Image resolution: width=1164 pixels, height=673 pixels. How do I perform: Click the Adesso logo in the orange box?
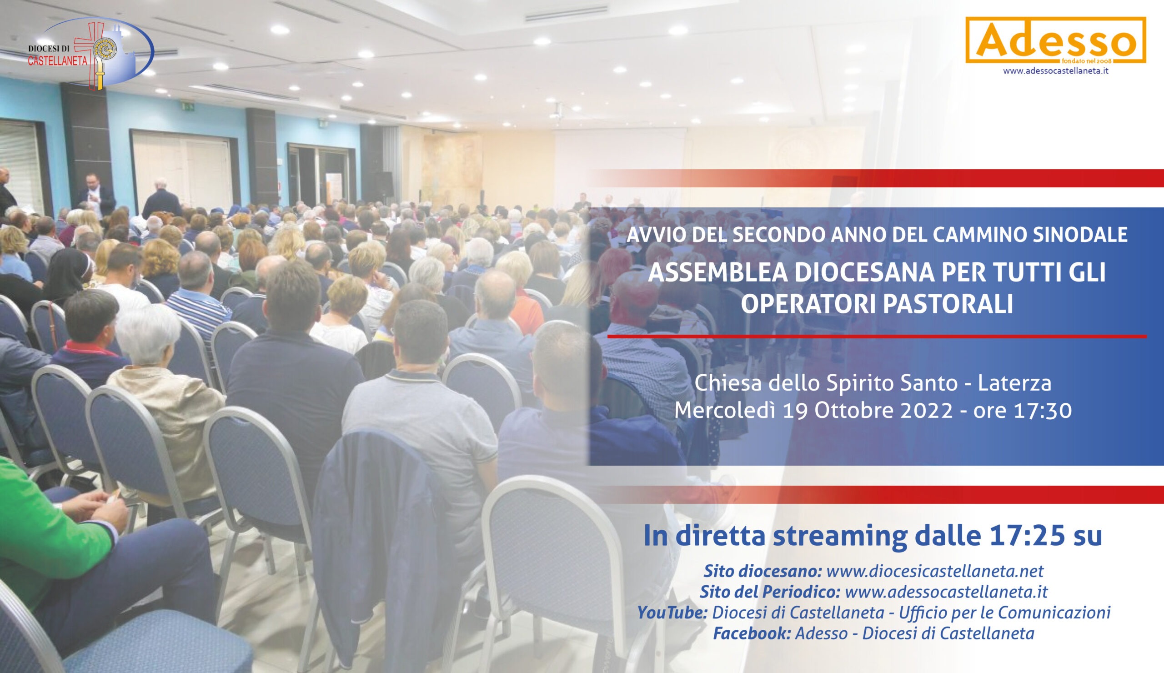(x=1056, y=40)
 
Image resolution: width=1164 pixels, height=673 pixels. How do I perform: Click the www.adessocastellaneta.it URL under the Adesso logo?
(x=1056, y=70)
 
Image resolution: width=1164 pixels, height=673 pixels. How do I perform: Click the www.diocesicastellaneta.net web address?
(x=934, y=572)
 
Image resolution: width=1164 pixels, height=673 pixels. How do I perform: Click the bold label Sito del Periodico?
(x=769, y=592)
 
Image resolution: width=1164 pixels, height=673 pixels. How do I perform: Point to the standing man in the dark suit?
(x=95, y=195)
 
